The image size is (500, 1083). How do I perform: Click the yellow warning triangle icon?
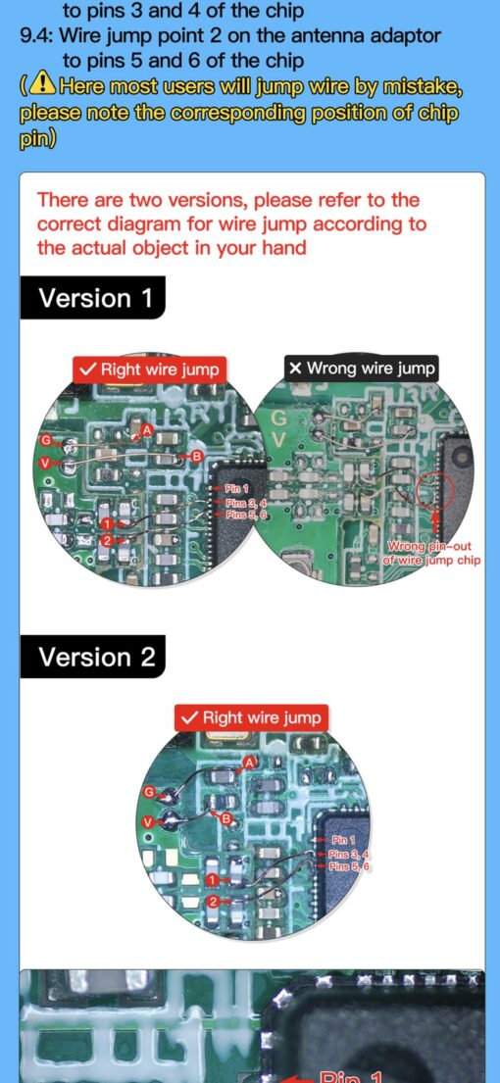click(42, 86)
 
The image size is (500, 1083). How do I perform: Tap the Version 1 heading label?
click(95, 298)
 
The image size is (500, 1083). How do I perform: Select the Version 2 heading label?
click(96, 657)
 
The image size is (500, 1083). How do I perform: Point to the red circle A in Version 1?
click(147, 429)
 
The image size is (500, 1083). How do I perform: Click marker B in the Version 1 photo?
click(196, 456)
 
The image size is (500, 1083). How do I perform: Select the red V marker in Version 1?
click(46, 461)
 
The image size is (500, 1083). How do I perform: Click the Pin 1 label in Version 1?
click(237, 488)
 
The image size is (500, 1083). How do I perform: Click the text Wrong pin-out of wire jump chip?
click(433, 554)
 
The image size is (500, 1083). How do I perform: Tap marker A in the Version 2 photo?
click(250, 762)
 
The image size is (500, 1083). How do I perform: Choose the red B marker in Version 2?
click(225, 818)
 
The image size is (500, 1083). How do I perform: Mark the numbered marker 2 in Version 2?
click(213, 901)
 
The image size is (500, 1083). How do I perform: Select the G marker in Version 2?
click(149, 791)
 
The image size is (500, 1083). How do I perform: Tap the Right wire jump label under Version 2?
click(252, 717)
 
